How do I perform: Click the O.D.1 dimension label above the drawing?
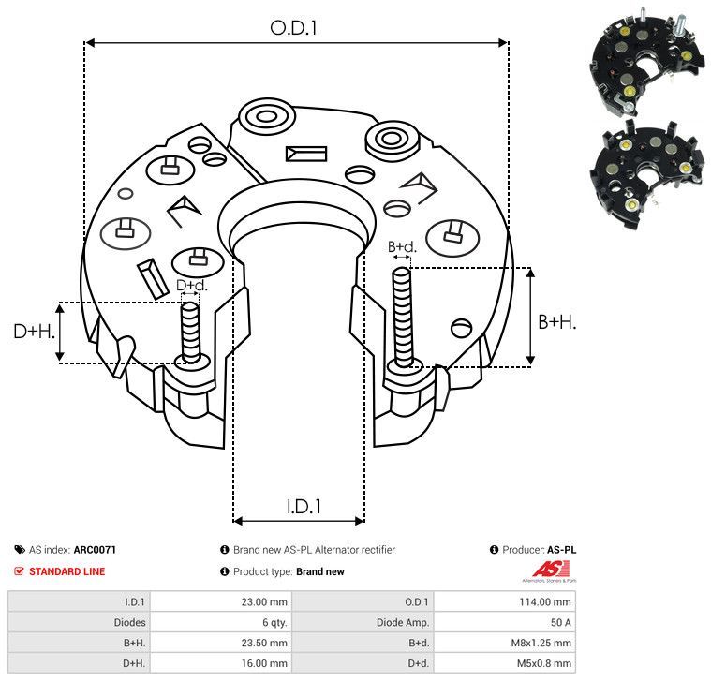[x=293, y=28]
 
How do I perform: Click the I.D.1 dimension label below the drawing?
[x=304, y=507]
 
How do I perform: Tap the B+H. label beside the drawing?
[x=556, y=322]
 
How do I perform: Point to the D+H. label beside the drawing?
[x=34, y=332]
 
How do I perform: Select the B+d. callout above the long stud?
[x=402, y=247]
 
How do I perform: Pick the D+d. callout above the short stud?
[x=191, y=285]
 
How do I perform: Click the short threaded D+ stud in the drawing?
[x=190, y=333]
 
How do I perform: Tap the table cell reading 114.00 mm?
[x=545, y=602]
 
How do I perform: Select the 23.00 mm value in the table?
[x=264, y=602]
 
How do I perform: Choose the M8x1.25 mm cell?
[x=541, y=643]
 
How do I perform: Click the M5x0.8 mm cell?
[x=543, y=663]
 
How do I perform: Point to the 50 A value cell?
[x=560, y=623]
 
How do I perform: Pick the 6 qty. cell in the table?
[x=274, y=623]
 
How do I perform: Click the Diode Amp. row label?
[x=403, y=623]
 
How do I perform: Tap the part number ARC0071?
[x=95, y=550]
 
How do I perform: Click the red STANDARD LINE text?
[x=67, y=571]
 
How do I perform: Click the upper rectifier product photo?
[x=647, y=59]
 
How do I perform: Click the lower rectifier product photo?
[x=646, y=174]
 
